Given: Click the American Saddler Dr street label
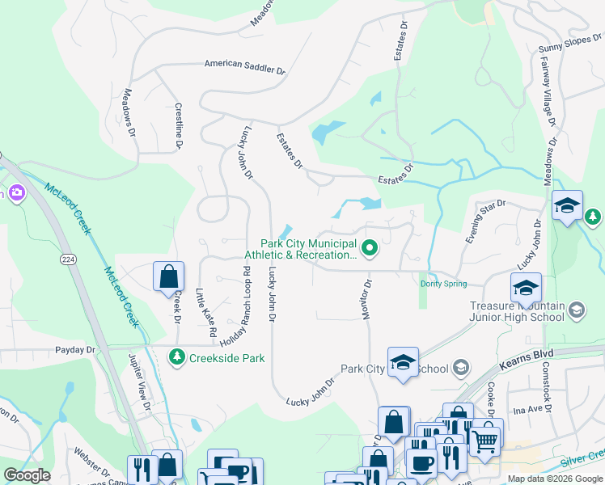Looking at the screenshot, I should click(x=245, y=66).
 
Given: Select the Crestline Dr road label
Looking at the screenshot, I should click(x=179, y=126).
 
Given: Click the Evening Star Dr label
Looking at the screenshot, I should click(x=484, y=222).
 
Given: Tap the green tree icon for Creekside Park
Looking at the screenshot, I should click(x=176, y=356).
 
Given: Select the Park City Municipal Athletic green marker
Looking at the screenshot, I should click(x=370, y=248).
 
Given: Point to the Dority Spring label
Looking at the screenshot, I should click(x=443, y=284).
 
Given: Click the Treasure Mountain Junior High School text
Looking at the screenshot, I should click(x=517, y=311).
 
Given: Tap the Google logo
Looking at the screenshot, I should click(x=27, y=474).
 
